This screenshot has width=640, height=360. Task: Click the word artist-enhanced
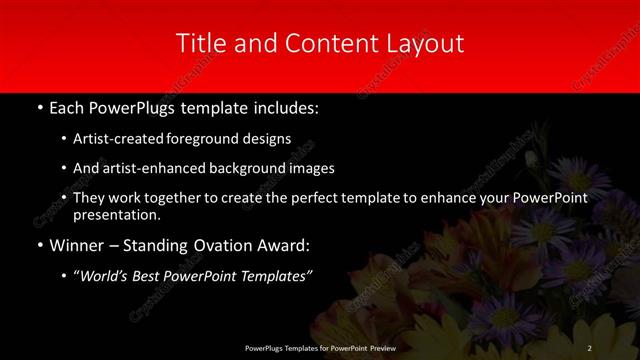pos(144,168)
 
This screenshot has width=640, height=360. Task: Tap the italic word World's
pos(105,275)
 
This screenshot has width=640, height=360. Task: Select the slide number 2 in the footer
pos(590,346)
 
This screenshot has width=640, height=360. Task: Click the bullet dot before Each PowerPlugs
pos(39,107)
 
